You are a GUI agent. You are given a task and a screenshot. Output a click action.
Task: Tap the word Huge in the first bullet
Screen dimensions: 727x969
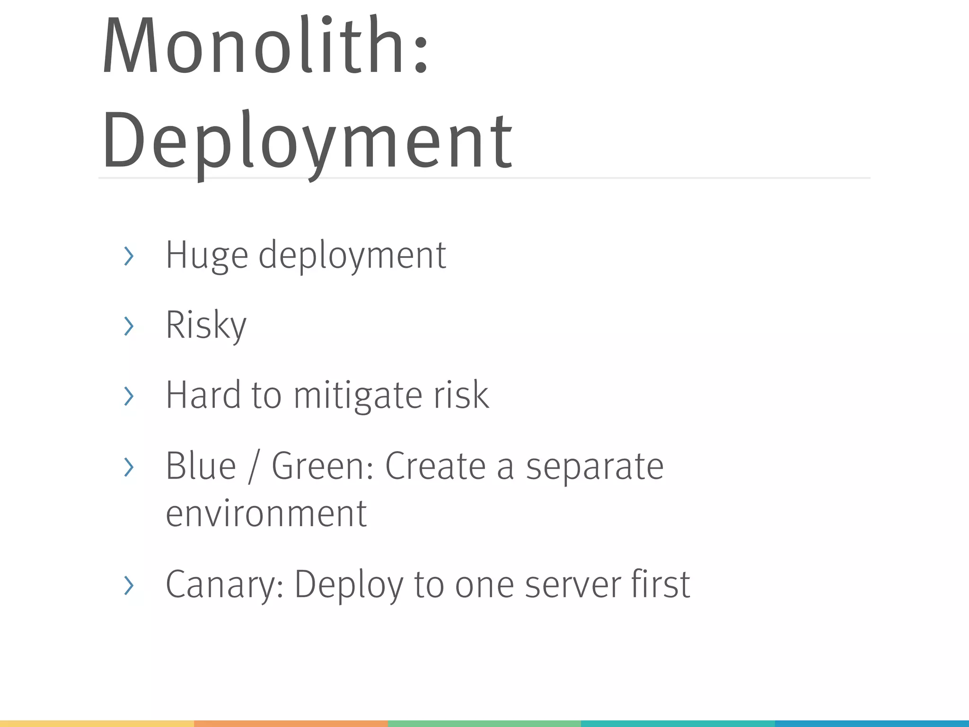[x=207, y=255]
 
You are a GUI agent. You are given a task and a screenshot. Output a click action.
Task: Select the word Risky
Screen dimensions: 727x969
[x=206, y=325]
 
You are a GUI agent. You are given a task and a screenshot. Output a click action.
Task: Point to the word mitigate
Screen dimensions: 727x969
[x=358, y=395]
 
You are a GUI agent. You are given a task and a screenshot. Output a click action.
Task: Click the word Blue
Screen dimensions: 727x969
[x=201, y=466]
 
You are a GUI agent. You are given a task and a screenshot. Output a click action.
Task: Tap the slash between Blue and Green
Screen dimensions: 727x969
[x=254, y=467]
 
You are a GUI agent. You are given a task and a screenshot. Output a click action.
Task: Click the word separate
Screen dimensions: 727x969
[x=595, y=467]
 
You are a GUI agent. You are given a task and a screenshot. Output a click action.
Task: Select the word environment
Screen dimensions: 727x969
[x=266, y=514]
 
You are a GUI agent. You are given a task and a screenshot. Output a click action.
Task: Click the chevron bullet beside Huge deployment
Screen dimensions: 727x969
[x=129, y=256]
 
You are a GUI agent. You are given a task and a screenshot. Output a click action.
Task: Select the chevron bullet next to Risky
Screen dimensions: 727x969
[x=129, y=326]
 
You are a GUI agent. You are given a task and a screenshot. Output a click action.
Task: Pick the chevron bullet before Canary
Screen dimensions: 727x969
[x=129, y=585]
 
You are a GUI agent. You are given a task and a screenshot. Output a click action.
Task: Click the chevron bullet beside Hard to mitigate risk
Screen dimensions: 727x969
[x=129, y=396]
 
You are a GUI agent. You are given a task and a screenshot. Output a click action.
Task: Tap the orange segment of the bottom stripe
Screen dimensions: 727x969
[x=291, y=724]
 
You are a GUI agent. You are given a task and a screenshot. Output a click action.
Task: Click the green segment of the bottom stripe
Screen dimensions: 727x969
[x=484, y=724]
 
